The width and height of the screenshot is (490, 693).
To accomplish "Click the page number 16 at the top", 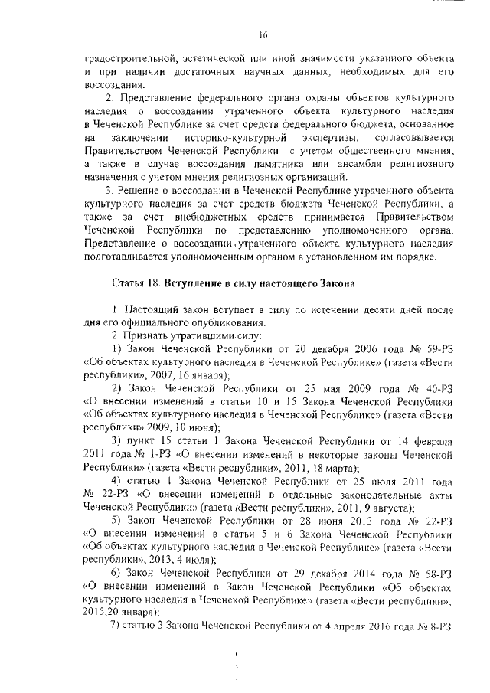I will tap(261, 34).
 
